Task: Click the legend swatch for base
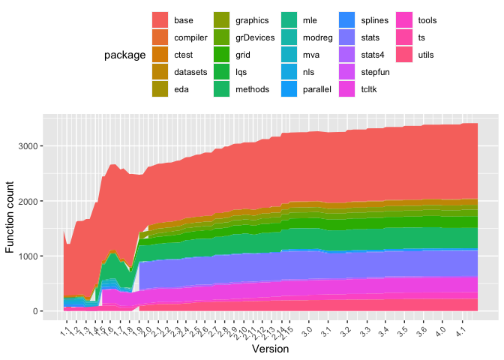(160, 20)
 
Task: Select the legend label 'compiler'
(190, 37)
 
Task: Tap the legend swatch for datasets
(160, 72)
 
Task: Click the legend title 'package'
(125, 55)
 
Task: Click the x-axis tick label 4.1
(460, 331)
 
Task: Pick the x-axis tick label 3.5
(402, 331)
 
